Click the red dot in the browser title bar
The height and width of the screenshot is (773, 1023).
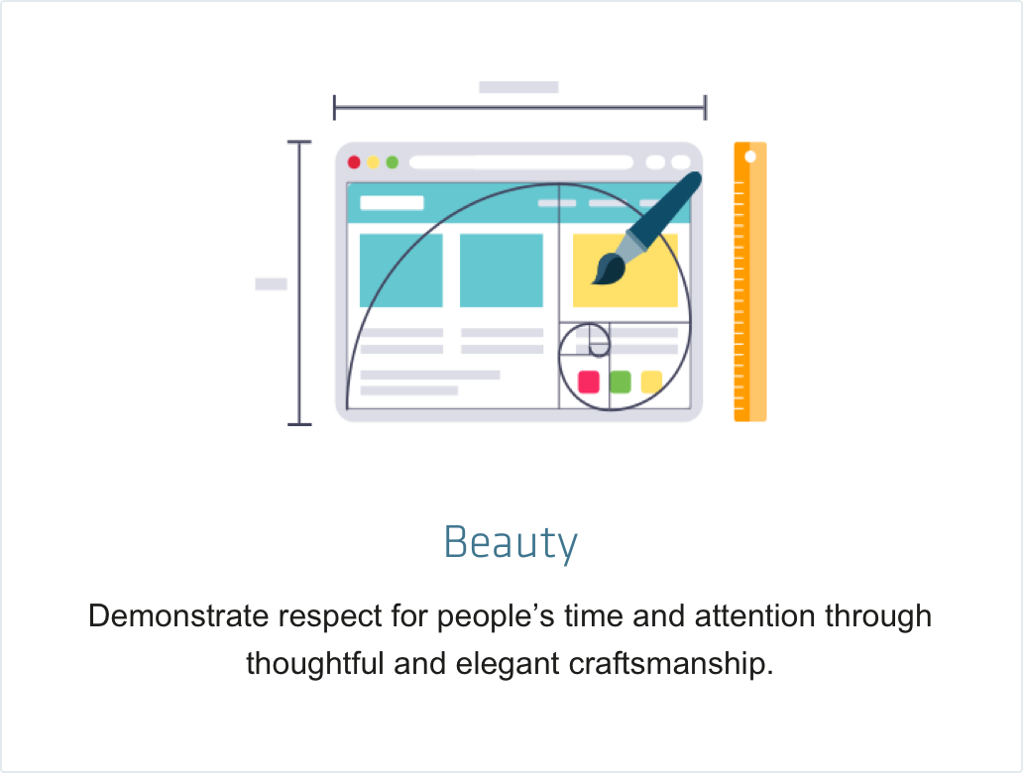click(354, 163)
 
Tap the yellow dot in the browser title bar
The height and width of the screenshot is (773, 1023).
click(373, 163)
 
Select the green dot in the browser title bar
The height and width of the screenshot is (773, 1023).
click(393, 163)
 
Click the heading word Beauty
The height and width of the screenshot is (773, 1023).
click(511, 542)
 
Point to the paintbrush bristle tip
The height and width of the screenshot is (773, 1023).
click(594, 281)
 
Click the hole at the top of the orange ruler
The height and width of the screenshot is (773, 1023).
click(750, 157)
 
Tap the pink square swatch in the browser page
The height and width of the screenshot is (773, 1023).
click(589, 382)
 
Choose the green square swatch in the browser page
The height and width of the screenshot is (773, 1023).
click(621, 382)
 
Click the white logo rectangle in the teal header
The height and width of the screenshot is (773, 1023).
click(393, 203)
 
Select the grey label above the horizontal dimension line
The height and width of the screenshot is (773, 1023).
click(518, 87)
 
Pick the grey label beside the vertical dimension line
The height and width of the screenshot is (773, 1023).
click(271, 283)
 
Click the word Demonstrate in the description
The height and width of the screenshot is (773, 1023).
click(178, 616)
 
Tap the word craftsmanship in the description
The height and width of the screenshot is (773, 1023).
click(671, 664)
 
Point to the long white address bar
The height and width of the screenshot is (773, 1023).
click(521, 163)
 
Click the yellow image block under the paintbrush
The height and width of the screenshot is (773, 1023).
click(625, 271)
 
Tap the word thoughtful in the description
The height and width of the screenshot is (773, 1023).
click(314, 664)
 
